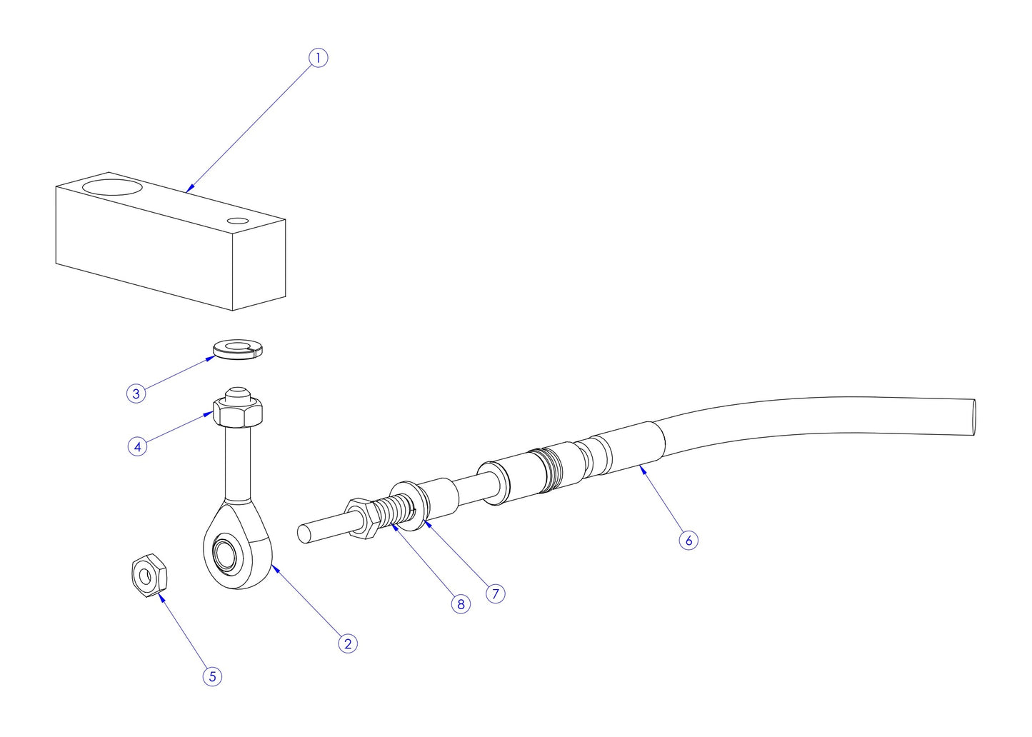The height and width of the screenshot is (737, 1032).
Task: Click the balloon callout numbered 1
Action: tap(318, 58)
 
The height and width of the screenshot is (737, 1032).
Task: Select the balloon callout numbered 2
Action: tap(348, 643)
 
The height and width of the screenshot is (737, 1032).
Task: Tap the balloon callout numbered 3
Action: tap(136, 393)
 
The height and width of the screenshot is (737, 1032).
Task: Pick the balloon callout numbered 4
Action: tap(137, 446)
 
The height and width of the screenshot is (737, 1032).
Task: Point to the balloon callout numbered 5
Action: tap(212, 676)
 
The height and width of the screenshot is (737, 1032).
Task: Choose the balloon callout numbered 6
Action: tap(688, 540)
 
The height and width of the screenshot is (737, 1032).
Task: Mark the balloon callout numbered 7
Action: tap(495, 593)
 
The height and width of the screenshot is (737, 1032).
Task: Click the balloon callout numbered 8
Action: tap(461, 604)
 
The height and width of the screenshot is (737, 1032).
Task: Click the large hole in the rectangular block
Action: tap(111, 188)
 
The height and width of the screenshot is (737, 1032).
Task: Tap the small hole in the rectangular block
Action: tap(238, 220)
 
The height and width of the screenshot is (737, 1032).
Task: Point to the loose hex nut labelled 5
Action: tap(149, 575)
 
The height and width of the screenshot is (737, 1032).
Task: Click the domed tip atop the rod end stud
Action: tap(237, 393)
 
